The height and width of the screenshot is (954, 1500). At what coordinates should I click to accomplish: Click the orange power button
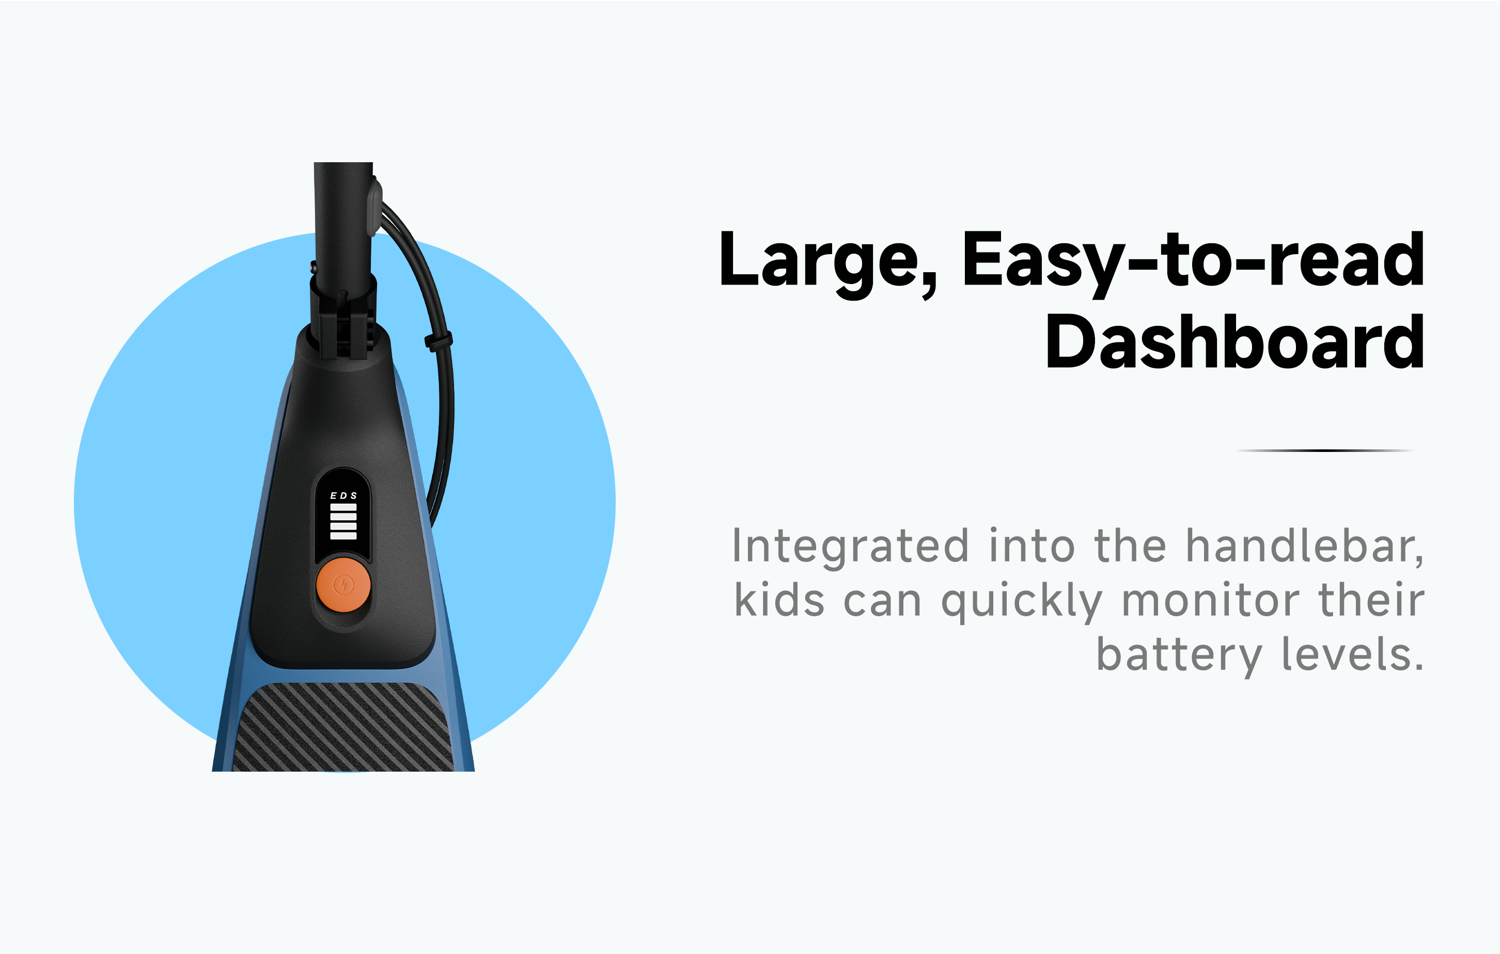343,585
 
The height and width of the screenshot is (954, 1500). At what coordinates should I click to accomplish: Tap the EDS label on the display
343,496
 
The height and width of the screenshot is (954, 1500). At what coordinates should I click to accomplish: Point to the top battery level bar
343,507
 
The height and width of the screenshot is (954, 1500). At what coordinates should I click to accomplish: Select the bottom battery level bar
343,536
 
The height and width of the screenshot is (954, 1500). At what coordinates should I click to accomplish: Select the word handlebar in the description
1304,546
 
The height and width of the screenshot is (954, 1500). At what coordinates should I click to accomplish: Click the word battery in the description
1179,656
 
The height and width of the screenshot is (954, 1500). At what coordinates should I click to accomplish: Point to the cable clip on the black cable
438,341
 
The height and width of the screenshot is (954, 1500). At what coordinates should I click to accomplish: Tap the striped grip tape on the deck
343,727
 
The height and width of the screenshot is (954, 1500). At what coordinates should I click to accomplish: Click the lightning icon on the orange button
343,585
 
